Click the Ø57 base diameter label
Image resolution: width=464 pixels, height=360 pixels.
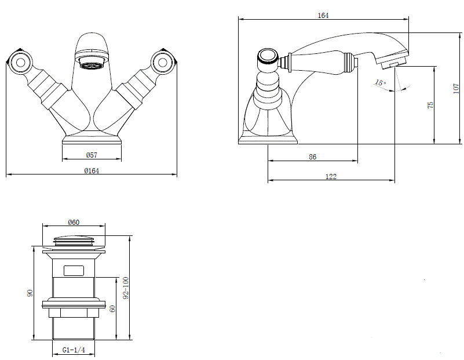tap(92, 155)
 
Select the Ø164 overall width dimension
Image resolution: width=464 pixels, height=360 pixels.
tap(92, 170)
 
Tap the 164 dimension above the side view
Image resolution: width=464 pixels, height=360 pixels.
tap(323, 16)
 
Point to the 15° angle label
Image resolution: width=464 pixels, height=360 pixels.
tap(381, 82)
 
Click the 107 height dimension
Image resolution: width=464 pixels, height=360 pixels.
tap(456, 89)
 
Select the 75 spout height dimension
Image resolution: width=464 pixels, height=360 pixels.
tap(430, 105)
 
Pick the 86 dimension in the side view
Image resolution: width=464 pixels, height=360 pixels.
tap(312, 157)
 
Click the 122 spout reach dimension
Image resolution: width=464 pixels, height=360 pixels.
tap(331, 176)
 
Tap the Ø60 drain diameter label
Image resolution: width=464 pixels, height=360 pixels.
tap(74, 222)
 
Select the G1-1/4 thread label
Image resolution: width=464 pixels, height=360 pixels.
tap(74, 350)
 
